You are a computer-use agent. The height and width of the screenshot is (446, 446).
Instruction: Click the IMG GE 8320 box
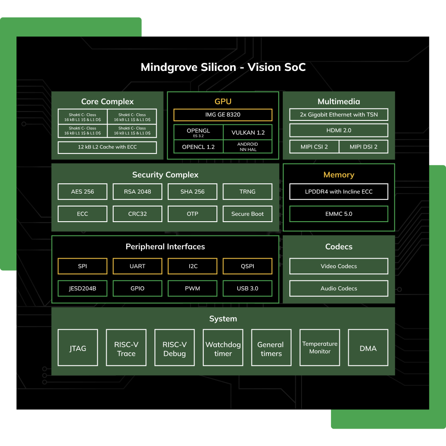tap(223, 115)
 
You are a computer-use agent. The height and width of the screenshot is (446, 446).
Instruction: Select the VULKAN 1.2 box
tap(248, 132)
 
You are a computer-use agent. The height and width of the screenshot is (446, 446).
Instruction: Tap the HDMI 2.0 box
tap(339, 130)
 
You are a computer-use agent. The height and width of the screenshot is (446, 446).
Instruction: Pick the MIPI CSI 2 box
tap(314, 147)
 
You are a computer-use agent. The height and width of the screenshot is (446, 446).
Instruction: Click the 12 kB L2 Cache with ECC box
tap(107, 147)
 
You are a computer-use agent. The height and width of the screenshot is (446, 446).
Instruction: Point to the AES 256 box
tap(83, 191)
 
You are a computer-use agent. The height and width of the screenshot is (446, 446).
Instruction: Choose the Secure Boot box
tap(248, 214)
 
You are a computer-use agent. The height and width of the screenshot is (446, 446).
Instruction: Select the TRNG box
tap(248, 191)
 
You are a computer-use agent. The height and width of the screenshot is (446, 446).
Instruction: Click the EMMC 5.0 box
tap(339, 214)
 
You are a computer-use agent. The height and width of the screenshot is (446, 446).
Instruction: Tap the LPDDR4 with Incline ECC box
tap(339, 191)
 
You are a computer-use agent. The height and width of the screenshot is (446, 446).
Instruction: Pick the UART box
tap(137, 266)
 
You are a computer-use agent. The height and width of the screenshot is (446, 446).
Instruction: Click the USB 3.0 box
tap(248, 288)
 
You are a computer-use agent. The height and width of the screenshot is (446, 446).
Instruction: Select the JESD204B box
tap(83, 288)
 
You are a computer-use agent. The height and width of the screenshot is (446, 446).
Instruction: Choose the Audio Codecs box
tap(339, 288)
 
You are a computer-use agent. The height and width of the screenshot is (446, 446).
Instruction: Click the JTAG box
tap(78, 348)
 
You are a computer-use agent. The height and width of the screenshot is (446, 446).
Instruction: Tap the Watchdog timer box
tap(223, 348)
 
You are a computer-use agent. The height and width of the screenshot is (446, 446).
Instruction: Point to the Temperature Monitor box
tap(320, 347)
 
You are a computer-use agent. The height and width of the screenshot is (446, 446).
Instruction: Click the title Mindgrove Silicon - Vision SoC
tap(223, 67)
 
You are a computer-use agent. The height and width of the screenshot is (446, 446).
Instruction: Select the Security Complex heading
tap(165, 175)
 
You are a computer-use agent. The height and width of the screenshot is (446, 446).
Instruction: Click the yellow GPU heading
tap(223, 101)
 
